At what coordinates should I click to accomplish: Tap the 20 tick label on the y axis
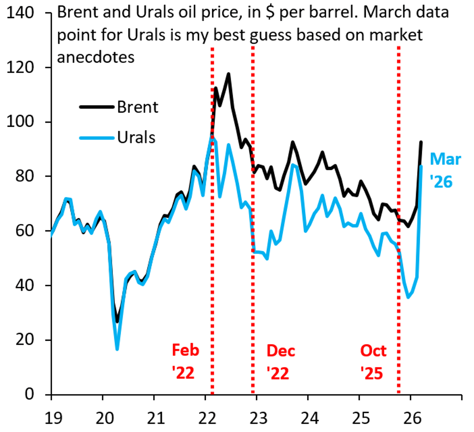click(x=24, y=340)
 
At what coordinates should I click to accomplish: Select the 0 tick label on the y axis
click(x=29, y=394)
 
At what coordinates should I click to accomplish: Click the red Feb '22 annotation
click(x=185, y=361)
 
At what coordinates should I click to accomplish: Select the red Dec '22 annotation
click(x=280, y=361)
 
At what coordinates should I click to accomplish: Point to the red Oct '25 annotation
click(x=373, y=361)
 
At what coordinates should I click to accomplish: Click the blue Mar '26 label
click(x=445, y=170)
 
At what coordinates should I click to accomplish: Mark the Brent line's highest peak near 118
click(x=228, y=74)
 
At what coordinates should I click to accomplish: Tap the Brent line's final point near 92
click(x=421, y=142)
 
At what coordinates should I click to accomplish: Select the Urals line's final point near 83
click(x=421, y=166)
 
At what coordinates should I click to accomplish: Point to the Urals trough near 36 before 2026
click(x=408, y=297)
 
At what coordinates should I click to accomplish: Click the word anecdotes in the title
click(x=96, y=57)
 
